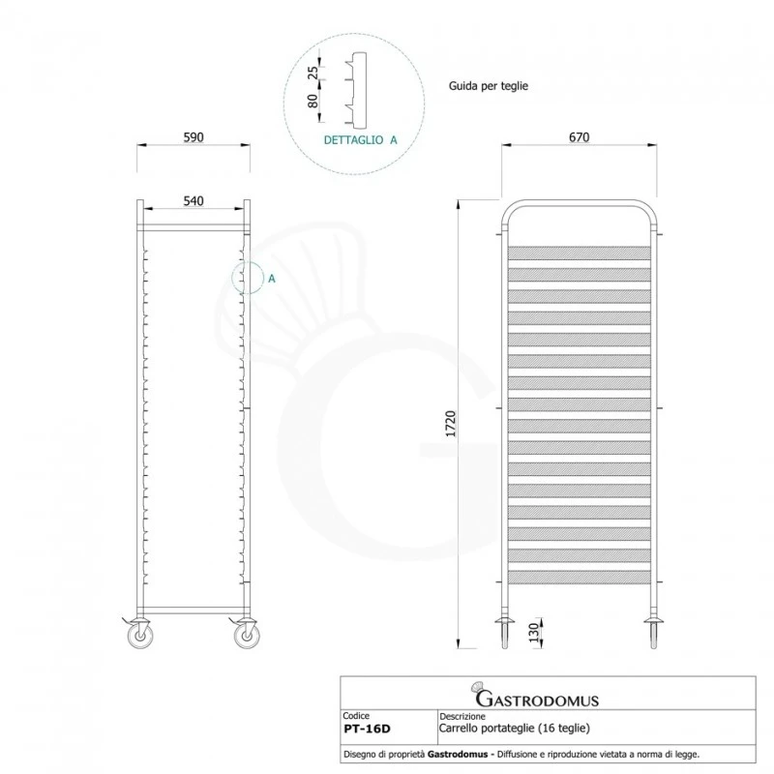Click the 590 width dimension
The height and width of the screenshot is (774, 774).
tap(193, 137)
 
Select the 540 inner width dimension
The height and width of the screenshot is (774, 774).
tap(193, 201)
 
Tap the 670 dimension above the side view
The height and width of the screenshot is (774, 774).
tap(579, 137)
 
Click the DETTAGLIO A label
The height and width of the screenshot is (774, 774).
tap(360, 139)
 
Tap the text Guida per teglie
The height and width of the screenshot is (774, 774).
tap(488, 86)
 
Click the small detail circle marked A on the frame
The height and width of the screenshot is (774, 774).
tap(248, 279)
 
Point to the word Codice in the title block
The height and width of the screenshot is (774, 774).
tap(357, 716)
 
